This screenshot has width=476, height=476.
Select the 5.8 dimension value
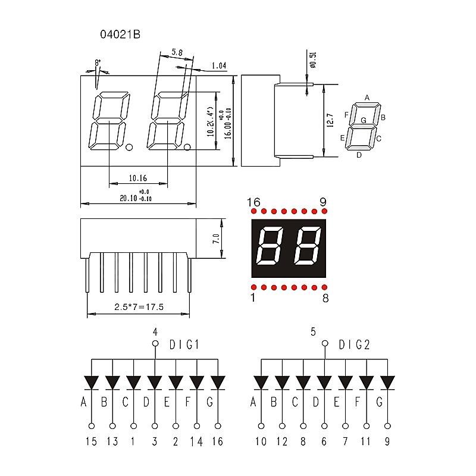177,52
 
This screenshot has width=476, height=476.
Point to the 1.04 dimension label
218,66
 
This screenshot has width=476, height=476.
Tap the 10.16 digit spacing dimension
137,177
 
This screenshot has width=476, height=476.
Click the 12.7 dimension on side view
331,121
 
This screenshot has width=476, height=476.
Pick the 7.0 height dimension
216,240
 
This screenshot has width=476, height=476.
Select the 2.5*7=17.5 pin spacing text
139,307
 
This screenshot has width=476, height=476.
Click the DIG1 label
184,345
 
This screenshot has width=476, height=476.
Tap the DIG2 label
354,345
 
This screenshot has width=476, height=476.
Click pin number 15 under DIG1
92,441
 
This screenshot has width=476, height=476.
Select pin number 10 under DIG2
261,441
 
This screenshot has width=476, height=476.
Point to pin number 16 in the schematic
218,441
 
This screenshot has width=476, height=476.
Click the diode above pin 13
112,381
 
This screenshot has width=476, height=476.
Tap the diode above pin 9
387,381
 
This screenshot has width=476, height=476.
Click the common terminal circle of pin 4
155,344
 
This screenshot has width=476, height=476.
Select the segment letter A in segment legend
367,98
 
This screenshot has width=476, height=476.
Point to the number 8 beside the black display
325,298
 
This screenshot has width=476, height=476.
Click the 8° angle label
98,63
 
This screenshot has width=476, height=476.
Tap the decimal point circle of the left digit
130,146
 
